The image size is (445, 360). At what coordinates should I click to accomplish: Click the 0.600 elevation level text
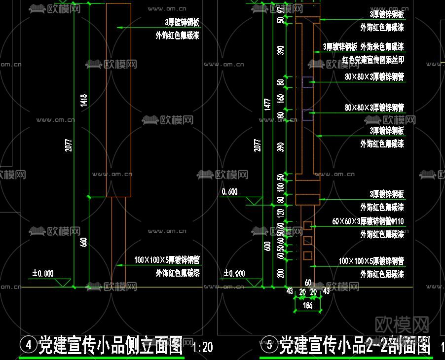(229, 192)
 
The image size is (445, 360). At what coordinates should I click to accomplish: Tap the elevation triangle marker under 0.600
(255, 201)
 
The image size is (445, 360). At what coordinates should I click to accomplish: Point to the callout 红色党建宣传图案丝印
(373, 60)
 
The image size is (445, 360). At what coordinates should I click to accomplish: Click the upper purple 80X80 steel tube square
(307, 82)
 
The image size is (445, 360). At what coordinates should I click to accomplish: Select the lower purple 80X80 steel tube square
(307, 114)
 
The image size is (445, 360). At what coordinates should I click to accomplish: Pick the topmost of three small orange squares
(308, 225)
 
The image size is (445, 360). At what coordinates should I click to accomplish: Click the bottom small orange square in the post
(308, 255)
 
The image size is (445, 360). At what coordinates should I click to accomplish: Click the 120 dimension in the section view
(281, 213)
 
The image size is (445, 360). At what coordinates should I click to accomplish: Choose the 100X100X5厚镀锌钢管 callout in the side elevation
(167, 260)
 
